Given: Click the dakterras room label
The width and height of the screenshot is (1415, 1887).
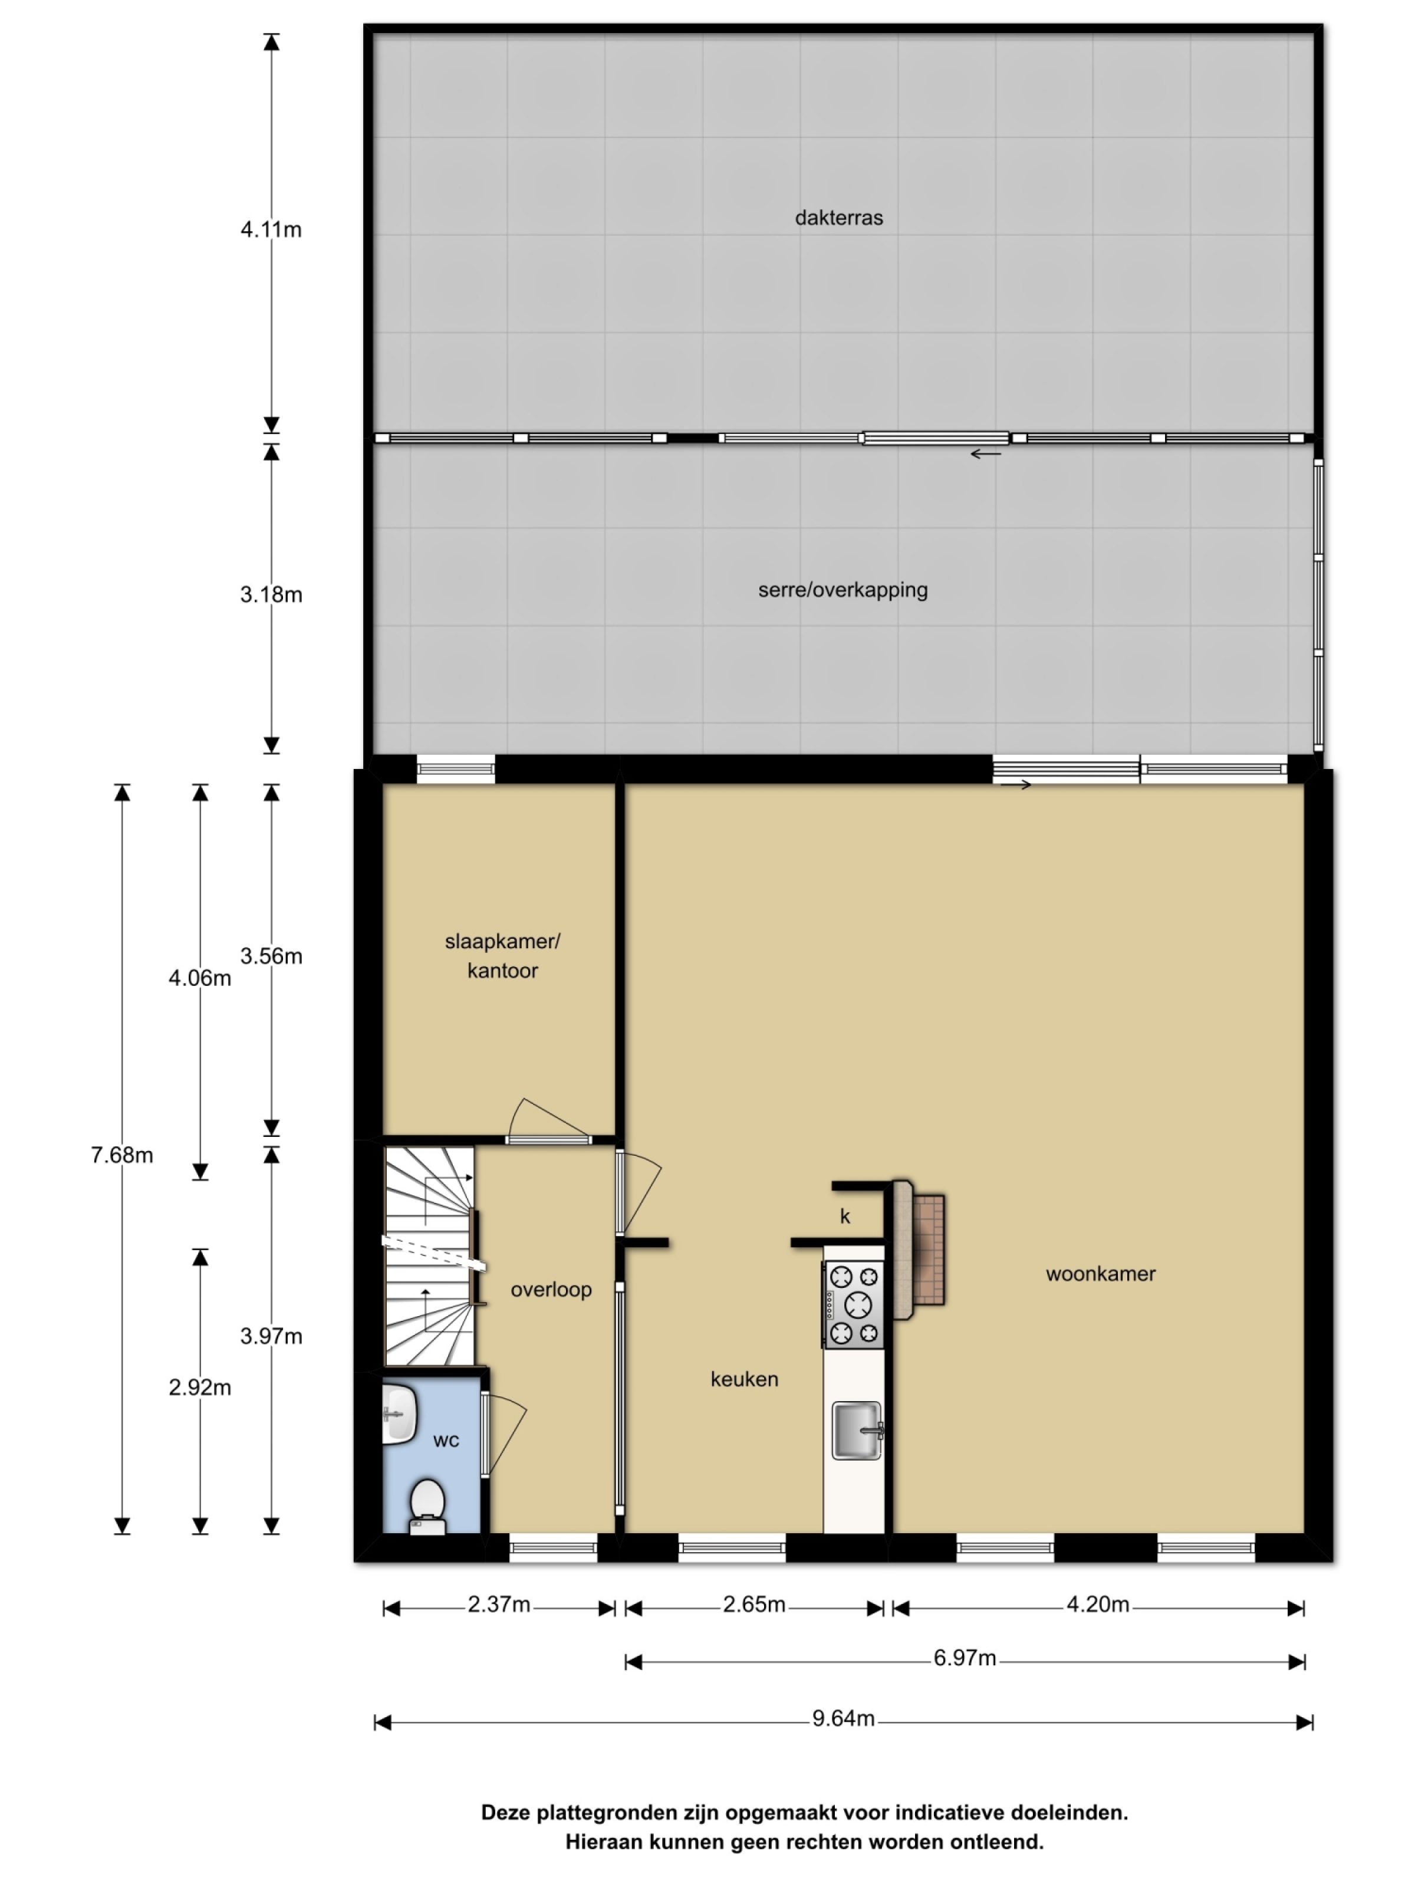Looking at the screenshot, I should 838,218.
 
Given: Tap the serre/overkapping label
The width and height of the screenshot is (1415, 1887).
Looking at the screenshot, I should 842,590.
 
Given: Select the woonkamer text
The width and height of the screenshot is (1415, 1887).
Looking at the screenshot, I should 1100,1274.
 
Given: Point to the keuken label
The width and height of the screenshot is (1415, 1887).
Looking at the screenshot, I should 743,1379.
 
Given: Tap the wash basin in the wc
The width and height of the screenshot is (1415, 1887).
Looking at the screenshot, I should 399,1413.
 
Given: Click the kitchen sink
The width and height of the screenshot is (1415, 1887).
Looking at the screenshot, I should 856,1431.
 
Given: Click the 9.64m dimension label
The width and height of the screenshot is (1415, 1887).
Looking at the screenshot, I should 843,1718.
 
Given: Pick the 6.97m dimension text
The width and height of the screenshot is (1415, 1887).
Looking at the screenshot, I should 964,1658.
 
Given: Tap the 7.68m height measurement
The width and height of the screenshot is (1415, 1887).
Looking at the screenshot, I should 122,1155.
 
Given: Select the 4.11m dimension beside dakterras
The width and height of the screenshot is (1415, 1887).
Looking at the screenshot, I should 271,229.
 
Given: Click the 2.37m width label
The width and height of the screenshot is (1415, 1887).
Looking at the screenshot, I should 498,1605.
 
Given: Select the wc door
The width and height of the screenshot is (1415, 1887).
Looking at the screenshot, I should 504,1433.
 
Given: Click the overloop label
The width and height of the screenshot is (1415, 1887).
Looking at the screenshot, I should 550,1289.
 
